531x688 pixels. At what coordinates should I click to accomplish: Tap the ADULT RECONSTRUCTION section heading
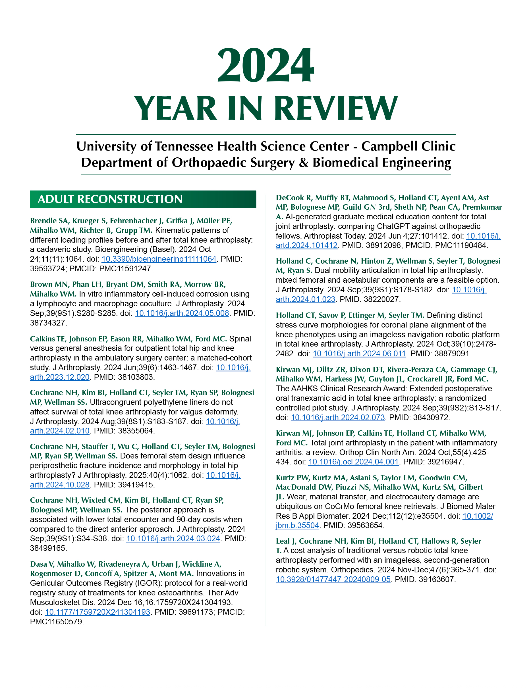pyautogui.click(x=110, y=199)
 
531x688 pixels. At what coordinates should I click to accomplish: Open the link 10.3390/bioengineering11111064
pyautogui.click(x=159, y=259)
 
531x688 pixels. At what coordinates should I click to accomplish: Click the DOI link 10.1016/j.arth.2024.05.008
pyautogui.click(x=182, y=313)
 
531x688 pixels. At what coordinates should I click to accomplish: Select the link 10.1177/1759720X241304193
pyautogui.click(x=98, y=612)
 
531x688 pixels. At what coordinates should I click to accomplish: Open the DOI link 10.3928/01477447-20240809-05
pyautogui.click(x=333, y=579)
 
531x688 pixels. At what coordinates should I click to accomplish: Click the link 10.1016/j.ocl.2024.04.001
pyautogui.click(x=353, y=462)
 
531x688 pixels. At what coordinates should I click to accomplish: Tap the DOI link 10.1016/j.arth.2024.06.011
pyautogui.click(x=359, y=353)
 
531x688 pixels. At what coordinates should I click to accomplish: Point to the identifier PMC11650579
pyautogui.click(x=57, y=622)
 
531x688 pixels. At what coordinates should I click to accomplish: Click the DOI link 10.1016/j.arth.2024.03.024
pyautogui.click(x=173, y=538)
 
